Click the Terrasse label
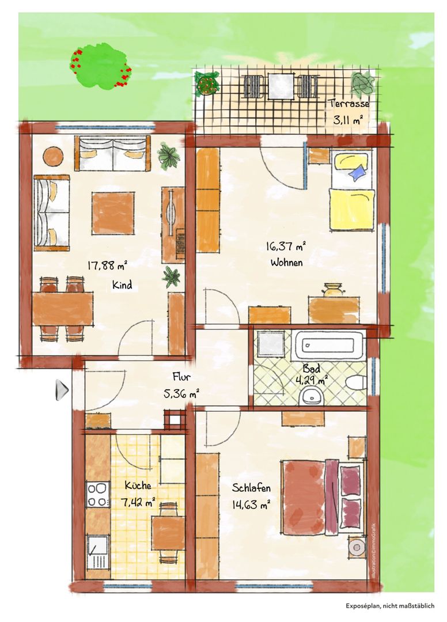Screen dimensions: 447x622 pos(348,104)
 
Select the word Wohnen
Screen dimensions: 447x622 pos(286,263)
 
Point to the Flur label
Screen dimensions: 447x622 pos(181,376)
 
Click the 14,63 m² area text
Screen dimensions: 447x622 pos(251,505)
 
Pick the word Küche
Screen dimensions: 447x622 pos(138,486)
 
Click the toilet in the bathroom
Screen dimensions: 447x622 pos(355,382)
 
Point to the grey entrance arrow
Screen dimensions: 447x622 pos(62,389)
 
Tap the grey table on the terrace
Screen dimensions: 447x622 pos(281,87)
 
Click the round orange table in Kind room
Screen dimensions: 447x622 pos(52,157)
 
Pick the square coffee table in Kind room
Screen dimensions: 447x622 pos(113,214)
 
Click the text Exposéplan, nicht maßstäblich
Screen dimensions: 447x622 pos(390,606)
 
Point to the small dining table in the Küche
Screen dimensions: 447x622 pos(168,532)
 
